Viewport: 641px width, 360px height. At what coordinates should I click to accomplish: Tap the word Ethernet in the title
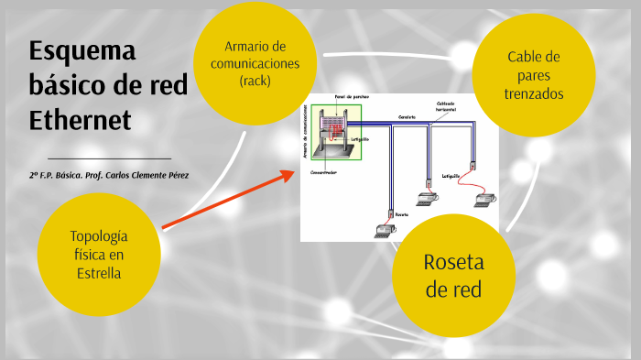[81, 120]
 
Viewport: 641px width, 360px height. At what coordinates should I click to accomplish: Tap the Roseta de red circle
[453, 276]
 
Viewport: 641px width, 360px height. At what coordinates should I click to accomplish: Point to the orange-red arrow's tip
[292, 171]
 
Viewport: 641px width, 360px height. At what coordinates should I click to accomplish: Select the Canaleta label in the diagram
[407, 117]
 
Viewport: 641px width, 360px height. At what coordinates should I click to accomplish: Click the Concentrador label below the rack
[324, 171]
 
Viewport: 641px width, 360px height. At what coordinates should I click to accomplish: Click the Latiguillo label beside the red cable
[451, 174]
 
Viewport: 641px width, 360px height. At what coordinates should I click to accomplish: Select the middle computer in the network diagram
[425, 198]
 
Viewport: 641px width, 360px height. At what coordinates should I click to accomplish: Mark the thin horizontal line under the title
[109, 159]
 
